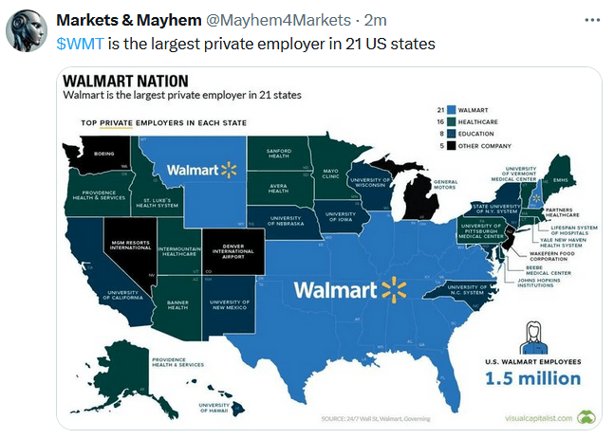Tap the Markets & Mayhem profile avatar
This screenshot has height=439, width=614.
28,31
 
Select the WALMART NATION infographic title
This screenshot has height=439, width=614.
125,82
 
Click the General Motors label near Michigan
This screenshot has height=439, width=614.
445,185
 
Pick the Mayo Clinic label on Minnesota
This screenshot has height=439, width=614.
330,174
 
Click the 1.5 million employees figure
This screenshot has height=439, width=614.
531,378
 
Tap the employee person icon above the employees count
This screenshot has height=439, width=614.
531,337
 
